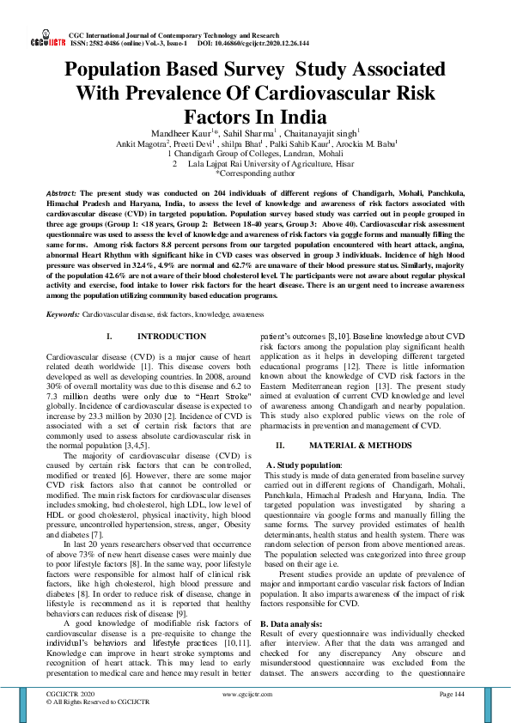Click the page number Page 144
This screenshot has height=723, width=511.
tap(451, 694)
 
